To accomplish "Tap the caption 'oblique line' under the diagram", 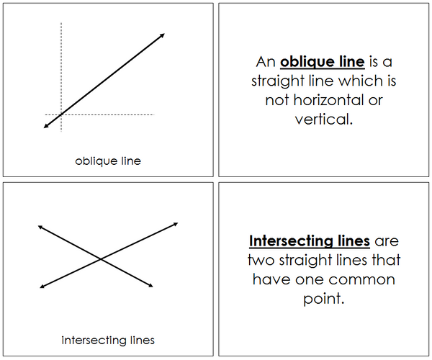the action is click(x=108, y=161).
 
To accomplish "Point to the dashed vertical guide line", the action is click(x=61, y=77).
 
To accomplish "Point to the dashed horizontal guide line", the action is click(x=100, y=114).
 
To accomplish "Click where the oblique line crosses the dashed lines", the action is click(x=61, y=114).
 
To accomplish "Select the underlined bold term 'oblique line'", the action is click(x=323, y=62).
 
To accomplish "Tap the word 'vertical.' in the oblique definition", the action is click(x=324, y=120).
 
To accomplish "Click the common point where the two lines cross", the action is click(x=101, y=259).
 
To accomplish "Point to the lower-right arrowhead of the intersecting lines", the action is click(x=151, y=286).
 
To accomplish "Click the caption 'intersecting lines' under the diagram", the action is click(x=108, y=341).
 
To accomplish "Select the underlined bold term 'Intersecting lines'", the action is click(x=310, y=241).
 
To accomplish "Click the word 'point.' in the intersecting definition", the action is click(x=324, y=299).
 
